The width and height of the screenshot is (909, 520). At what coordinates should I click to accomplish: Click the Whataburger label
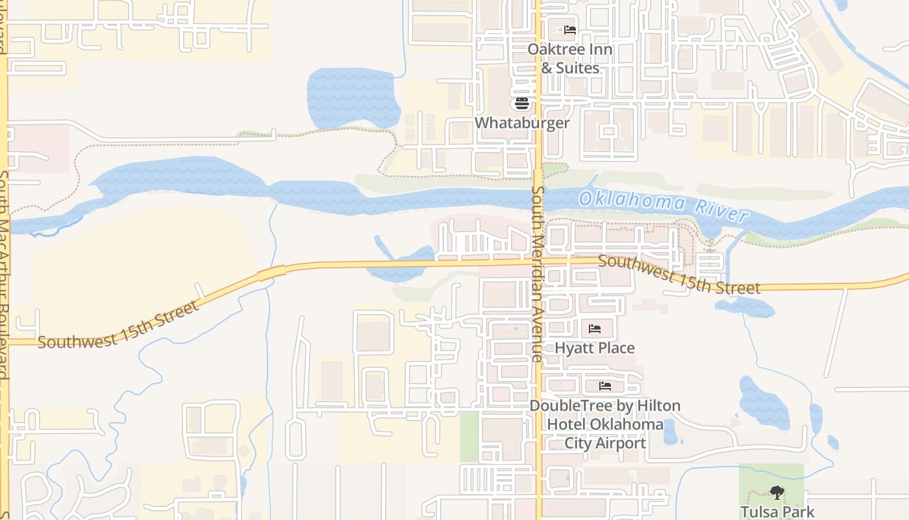coord(522,123)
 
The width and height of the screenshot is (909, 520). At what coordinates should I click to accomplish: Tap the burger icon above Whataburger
coord(522,103)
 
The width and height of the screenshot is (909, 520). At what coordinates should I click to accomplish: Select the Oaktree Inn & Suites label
coord(569,58)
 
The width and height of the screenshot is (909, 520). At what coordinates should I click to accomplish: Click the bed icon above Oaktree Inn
coord(569,30)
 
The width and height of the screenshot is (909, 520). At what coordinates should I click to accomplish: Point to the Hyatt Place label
coord(595,348)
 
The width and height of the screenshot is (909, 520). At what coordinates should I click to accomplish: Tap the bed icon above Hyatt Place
coord(595,329)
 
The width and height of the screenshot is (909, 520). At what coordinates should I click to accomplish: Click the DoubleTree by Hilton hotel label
coord(605,424)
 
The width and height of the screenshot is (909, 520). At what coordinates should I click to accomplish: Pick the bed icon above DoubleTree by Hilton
coord(605,386)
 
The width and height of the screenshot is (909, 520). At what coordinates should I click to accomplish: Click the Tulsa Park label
coord(777,512)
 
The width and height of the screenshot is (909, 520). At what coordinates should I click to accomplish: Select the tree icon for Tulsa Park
coord(777,493)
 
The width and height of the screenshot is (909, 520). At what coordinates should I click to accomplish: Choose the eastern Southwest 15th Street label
coord(679,275)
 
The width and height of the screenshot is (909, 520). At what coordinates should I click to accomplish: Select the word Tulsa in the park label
coord(760,512)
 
